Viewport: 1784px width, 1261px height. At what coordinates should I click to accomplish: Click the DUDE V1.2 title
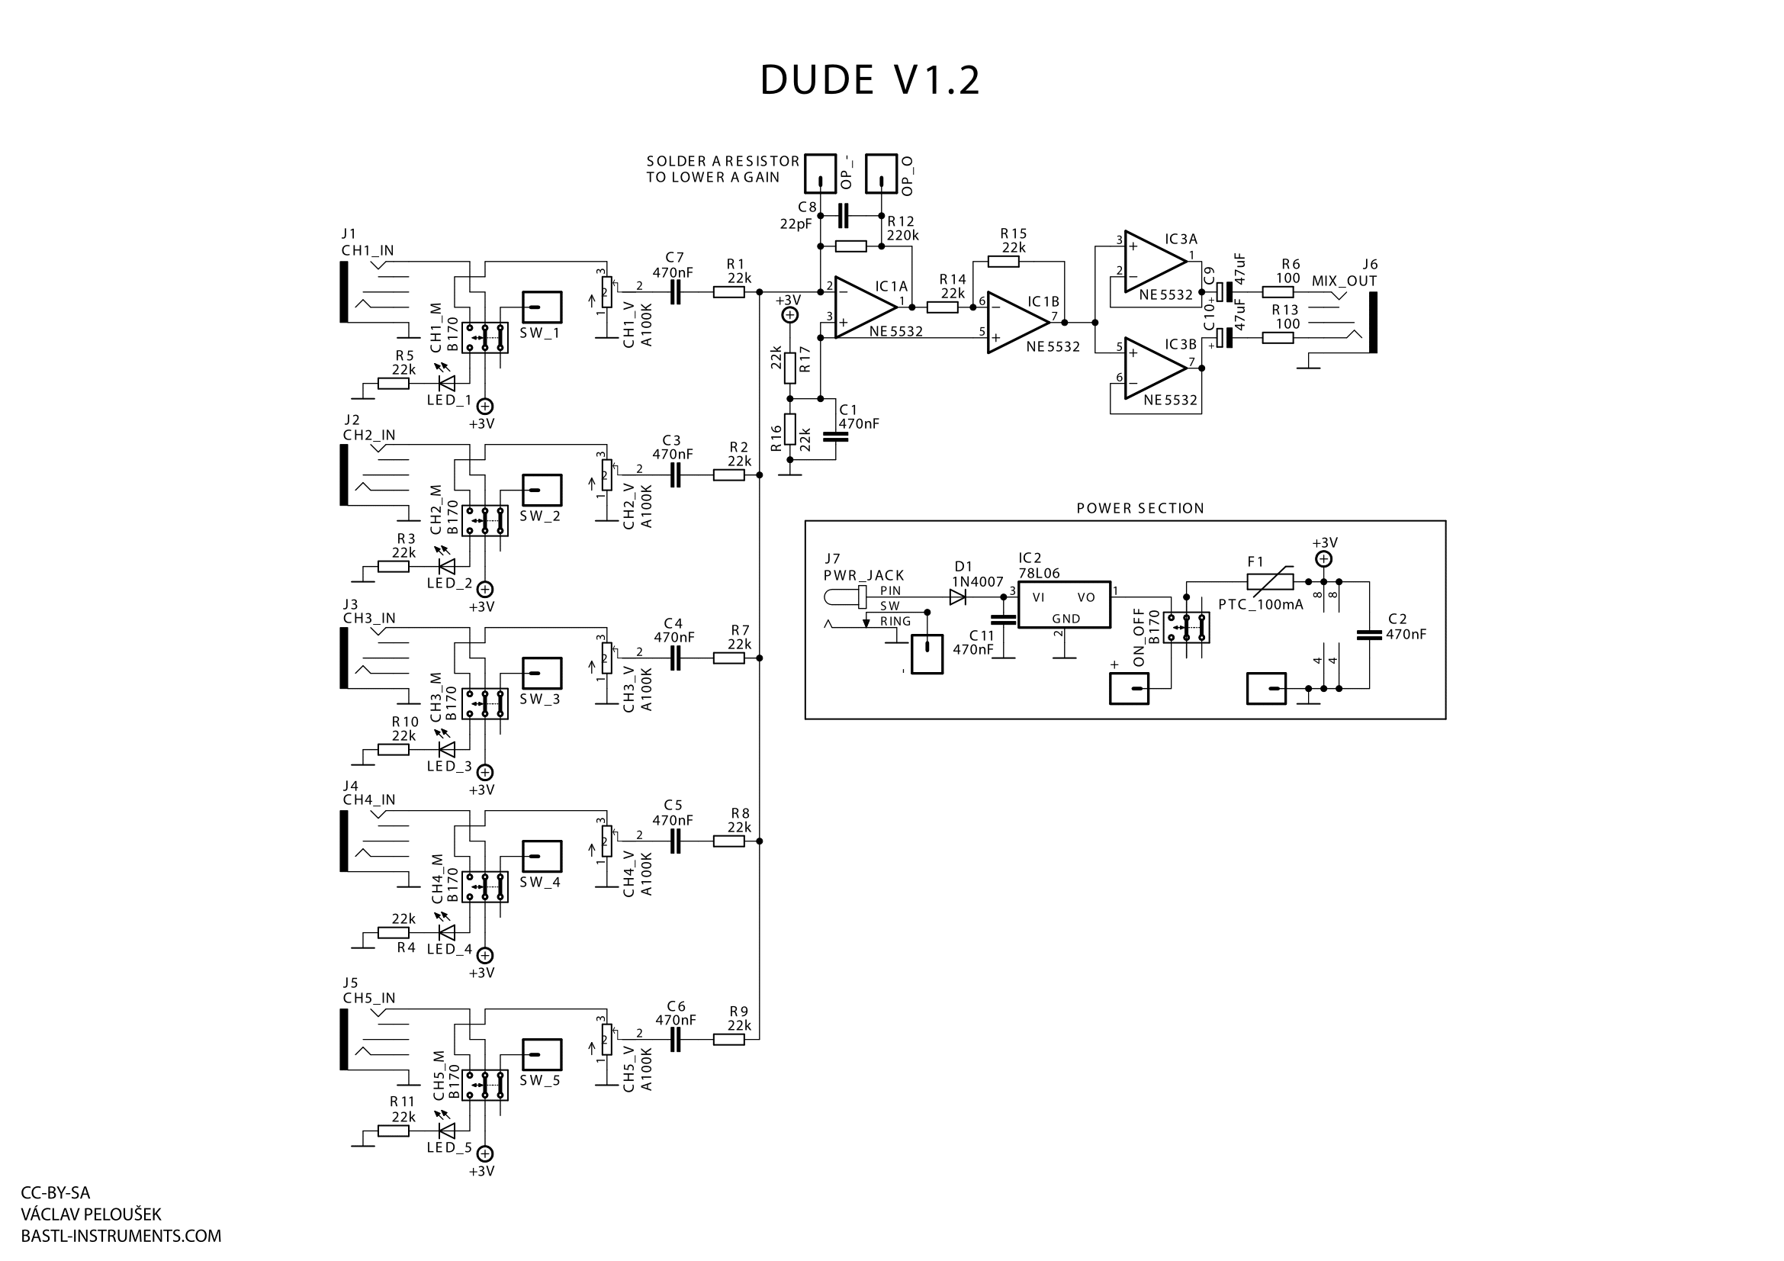point(869,80)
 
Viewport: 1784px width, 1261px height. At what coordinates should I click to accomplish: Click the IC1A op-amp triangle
point(864,307)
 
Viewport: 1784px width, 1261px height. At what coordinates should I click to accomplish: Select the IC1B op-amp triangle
point(1016,322)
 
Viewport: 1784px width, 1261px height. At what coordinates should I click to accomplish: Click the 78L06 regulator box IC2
point(1064,604)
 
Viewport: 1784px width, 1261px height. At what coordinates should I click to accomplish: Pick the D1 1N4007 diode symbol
point(957,597)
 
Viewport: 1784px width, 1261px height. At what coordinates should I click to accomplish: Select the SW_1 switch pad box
point(542,307)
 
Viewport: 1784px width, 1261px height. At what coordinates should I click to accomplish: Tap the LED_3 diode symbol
point(447,750)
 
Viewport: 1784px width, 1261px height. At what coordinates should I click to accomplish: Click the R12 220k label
point(902,228)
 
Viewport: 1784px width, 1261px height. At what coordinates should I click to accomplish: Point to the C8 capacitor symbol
point(845,215)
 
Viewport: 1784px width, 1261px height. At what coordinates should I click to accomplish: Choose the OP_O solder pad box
point(881,173)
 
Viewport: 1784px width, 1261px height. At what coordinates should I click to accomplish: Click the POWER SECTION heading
point(1140,509)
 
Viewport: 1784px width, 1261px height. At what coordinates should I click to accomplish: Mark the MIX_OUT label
point(1344,281)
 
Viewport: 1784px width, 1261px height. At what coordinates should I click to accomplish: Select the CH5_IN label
point(369,999)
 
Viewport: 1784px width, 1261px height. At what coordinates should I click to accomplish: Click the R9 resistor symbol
point(729,1040)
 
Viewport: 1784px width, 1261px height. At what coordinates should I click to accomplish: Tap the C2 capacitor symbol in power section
point(1369,635)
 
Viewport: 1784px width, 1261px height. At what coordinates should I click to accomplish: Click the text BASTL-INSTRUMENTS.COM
point(121,1236)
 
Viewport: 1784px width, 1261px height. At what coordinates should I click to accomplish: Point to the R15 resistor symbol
point(1003,262)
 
